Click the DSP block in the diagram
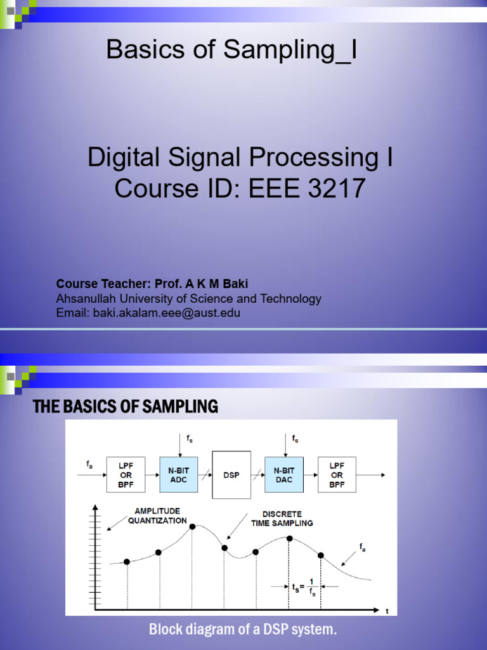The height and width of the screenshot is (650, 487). coord(231,475)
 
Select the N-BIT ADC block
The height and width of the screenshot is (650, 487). coord(179,475)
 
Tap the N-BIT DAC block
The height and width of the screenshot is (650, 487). coord(284,475)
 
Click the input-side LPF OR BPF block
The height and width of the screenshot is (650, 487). coord(126,475)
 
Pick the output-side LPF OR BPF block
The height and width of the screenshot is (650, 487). coord(337,475)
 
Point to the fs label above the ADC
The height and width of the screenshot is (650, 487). coord(189,438)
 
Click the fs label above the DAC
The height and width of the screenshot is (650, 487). coord(295,438)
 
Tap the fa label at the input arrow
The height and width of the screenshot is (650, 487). coord(89,465)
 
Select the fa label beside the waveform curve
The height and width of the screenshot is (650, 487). coord(363,547)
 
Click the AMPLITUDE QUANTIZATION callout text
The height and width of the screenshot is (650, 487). coord(157,515)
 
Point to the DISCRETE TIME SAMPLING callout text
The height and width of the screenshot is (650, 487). coord(282,519)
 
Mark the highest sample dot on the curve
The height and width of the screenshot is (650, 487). coord(192,526)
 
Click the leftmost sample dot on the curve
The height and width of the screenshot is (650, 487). coord(127,562)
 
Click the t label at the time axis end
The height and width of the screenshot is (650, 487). coord(387,611)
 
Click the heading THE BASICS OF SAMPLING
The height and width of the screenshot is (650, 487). coord(126,407)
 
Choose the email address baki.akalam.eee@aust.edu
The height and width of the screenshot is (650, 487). coord(166,313)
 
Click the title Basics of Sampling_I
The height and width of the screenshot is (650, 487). coord(231,49)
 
